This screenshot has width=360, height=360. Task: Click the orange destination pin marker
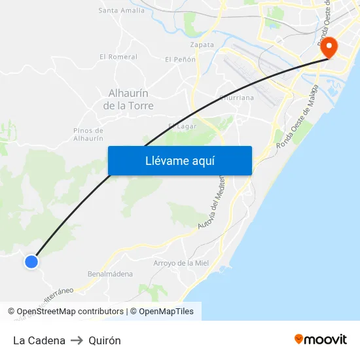327,46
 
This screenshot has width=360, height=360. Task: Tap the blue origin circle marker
31,262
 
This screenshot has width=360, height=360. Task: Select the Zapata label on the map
202,45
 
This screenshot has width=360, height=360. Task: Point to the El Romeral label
118,57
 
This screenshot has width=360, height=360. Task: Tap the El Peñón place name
180,60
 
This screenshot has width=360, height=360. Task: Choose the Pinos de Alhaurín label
88,134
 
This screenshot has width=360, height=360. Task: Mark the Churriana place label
236,98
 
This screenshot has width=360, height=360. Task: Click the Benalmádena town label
110,274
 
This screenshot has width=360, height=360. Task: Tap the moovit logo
321,339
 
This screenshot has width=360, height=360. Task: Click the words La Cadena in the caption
39,340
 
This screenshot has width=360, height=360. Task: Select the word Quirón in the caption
105,340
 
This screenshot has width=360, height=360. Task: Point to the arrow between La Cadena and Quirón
77,340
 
